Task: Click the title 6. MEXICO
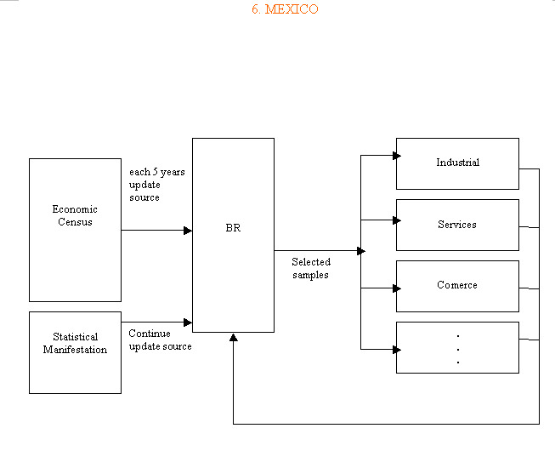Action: pos(285,9)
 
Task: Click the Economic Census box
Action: pos(75,230)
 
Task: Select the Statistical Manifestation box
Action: pos(75,352)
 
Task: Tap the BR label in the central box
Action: pos(233,229)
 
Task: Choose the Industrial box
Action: pos(457,163)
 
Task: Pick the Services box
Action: pos(457,225)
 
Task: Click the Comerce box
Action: pos(457,286)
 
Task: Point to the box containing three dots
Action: pos(457,347)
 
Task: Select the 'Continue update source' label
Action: pos(160,340)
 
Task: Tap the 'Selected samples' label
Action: pos(310,269)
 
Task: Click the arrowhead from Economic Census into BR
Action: pos(188,231)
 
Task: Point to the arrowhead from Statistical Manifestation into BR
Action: pos(188,323)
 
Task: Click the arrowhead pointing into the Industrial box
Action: pos(396,156)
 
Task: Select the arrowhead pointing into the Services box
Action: pos(396,220)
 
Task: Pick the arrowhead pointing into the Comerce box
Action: pos(396,288)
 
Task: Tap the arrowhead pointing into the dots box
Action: pos(396,349)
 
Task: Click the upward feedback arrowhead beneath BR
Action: pos(234,338)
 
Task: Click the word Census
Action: pos(75,222)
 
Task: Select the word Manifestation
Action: pos(75,350)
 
